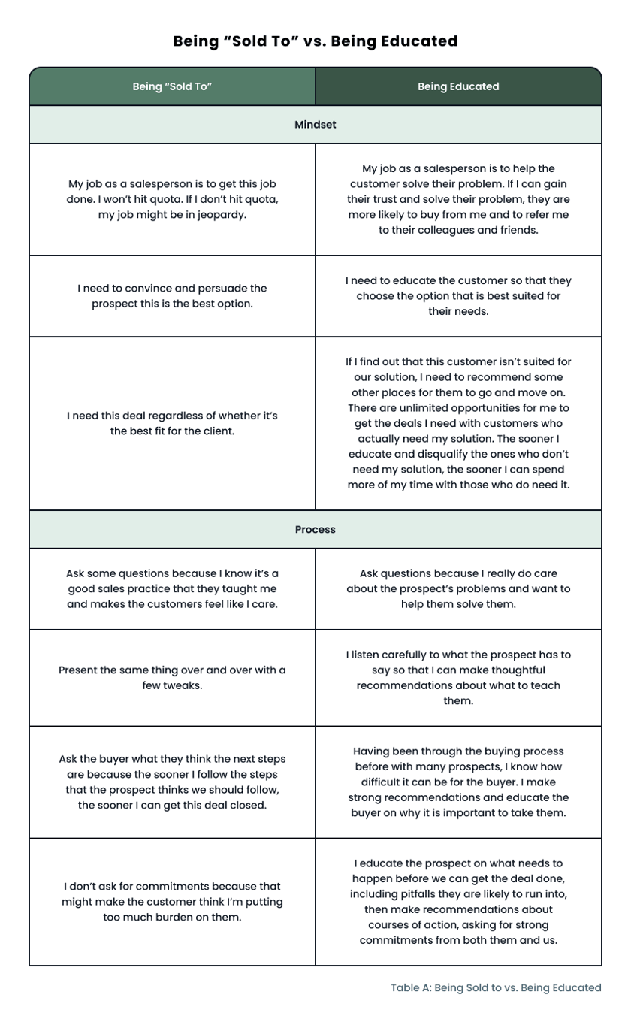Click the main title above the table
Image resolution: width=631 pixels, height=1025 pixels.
(315, 41)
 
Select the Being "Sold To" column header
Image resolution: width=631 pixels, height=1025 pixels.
(172, 86)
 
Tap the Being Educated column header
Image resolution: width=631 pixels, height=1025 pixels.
(458, 86)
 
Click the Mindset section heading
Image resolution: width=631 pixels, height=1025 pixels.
(315, 125)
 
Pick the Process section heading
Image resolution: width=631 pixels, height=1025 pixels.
(315, 530)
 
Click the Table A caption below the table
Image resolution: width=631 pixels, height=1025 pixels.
(496, 987)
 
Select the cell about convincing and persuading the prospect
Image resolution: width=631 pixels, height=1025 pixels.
(172, 296)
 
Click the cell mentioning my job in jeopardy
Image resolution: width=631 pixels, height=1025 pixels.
(172, 199)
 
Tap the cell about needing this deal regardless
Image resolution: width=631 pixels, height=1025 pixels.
(172, 424)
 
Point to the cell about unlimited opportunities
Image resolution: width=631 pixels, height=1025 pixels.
(458, 424)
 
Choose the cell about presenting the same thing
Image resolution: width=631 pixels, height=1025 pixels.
(172, 678)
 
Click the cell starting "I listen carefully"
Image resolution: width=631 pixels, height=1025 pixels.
(458, 678)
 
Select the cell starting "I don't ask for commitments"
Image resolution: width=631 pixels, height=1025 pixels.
(172, 902)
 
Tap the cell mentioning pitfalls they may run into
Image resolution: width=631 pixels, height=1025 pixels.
(458, 902)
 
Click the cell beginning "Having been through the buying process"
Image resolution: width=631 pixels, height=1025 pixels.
(458, 782)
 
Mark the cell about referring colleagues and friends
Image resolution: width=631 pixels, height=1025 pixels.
(458, 199)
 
